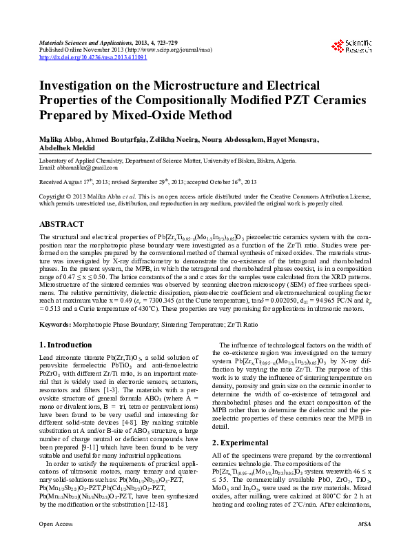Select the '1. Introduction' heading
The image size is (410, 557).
point(65,345)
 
